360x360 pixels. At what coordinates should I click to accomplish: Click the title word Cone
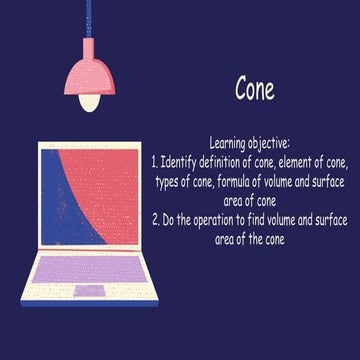[x=254, y=90]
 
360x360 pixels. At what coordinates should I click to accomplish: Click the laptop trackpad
[x=89, y=291]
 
